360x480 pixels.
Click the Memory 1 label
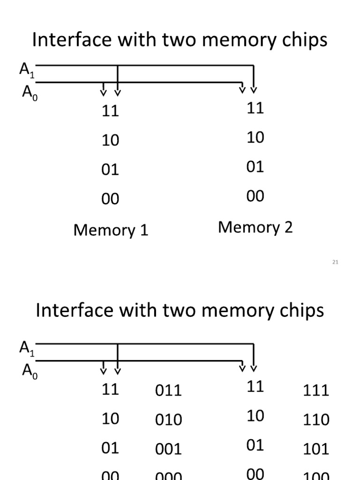pyautogui.click(x=111, y=230)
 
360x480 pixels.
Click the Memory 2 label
pyautogui.click(x=255, y=227)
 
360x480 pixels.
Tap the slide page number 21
pyautogui.click(x=335, y=262)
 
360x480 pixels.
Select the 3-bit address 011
pyautogui.click(x=168, y=390)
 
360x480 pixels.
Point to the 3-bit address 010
pyautogui.click(x=168, y=420)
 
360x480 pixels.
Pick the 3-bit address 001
pyautogui.click(x=168, y=449)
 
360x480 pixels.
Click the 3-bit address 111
pyautogui.click(x=316, y=390)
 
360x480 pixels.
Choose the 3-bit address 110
pyautogui.click(x=316, y=420)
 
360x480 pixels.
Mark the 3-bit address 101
pyautogui.click(x=316, y=449)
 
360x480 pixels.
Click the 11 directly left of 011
pyautogui.click(x=111, y=389)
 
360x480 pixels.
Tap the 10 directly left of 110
pyautogui.click(x=255, y=416)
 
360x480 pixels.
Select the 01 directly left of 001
pyautogui.click(x=111, y=448)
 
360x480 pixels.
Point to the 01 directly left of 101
pyautogui.click(x=255, y=445)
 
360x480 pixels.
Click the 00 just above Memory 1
pyautogui.click(x=111, y=199)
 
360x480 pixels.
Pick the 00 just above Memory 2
pyautogui.click(x=255, y=196)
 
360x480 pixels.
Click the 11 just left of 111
pyautogui.click(x=255, y=386)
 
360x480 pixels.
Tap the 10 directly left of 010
pyautogui.click(x=111, y=419)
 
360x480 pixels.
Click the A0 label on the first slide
pyautogui.click(x=29, y=92)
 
